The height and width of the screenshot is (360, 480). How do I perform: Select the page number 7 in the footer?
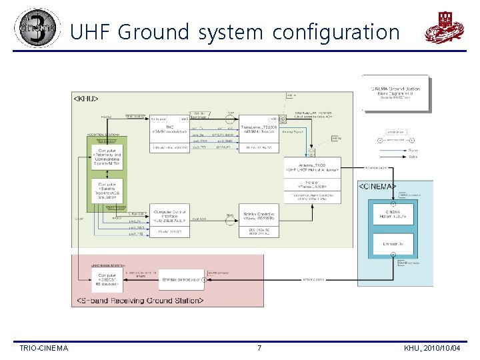(259, 348)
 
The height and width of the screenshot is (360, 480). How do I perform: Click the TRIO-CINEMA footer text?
(44, 348)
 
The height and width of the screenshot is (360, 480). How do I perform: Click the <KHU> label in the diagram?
(85, 99)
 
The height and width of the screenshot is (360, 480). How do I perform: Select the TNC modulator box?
(171, 129)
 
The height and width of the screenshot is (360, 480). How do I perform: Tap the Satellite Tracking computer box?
(108, 191)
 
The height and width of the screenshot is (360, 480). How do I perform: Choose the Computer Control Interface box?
(171, 213)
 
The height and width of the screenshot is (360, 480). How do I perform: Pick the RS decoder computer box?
(107, 279)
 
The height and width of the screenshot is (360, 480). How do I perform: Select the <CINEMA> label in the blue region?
(377, 186)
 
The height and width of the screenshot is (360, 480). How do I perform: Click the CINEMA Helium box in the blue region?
(393, 214)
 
